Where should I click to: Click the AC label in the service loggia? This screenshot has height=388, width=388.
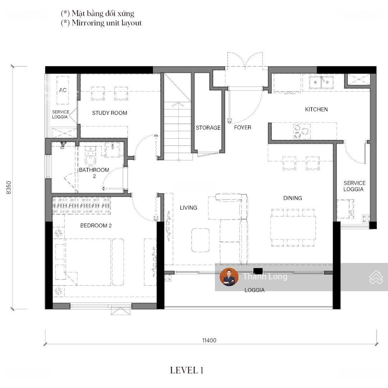(63, 90)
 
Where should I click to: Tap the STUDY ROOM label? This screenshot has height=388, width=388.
(110, 113)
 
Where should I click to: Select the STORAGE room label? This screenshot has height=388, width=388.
(208, 128)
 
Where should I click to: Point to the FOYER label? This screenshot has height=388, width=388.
(242, 128)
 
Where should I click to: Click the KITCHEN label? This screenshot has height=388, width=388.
(316, 109)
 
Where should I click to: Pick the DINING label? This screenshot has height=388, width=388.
(292, 198)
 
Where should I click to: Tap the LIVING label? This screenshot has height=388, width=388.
(188, 208)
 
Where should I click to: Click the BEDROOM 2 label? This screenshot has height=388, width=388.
(96, 225)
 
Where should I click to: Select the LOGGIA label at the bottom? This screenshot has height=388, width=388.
(254, 290)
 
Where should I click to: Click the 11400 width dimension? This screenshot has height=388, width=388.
(209, 341)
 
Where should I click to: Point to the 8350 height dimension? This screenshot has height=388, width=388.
(9, 187)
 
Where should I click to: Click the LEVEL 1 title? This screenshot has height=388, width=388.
(186, 370)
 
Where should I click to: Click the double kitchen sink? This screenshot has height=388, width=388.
(321, 82)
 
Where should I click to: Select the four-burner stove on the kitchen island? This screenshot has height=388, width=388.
(302, 131)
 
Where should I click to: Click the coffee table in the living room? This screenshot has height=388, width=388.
(200, 240)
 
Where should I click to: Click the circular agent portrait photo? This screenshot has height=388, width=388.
(229, 277)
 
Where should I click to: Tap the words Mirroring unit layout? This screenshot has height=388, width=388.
(107, 23)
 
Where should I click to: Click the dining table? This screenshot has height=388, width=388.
(293, 228)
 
